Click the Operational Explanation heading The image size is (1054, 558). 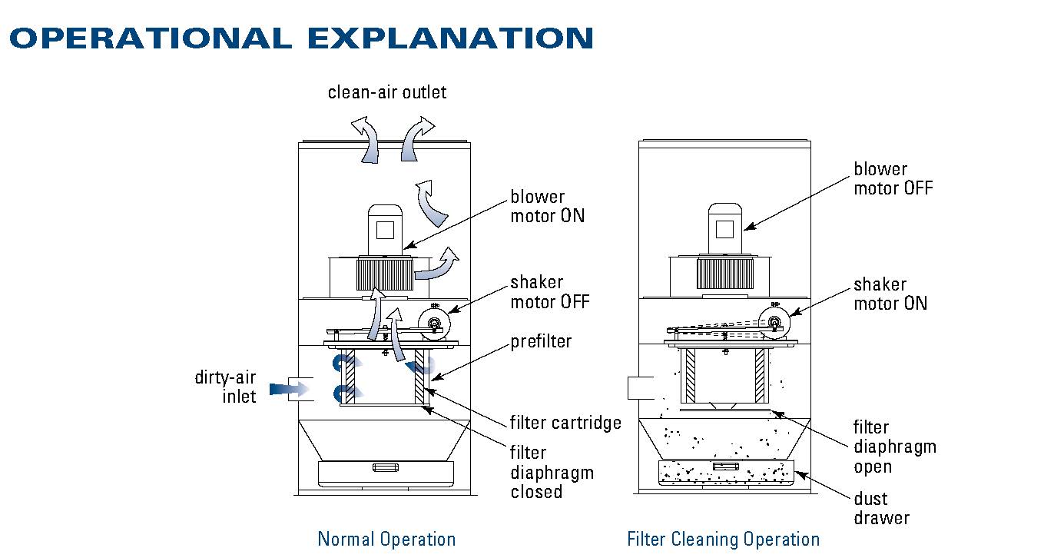301,38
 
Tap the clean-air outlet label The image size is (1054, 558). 386,93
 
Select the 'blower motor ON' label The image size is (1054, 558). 547,207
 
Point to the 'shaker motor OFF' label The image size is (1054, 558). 550,293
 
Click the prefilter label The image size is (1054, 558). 541,341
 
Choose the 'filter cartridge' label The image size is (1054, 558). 565,423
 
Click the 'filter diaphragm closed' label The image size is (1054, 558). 552,472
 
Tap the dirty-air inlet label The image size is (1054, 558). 226,387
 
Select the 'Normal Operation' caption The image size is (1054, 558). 386,539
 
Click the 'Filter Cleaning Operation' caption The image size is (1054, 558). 723,539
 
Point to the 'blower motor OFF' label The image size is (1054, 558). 893,178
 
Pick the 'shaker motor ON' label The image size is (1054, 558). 890,294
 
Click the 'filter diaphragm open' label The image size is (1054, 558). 895,447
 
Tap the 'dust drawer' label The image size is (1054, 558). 881,508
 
